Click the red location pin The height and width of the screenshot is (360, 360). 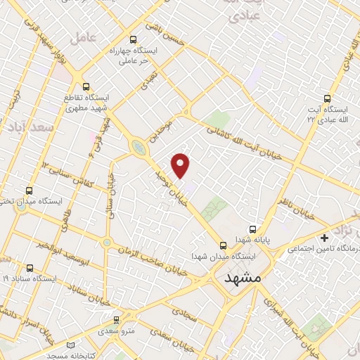coord(181,165)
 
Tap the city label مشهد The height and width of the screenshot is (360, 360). coord(243,278)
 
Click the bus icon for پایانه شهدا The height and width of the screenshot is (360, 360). coord(254,229)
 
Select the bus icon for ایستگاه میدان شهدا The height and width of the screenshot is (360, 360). coord(223,245)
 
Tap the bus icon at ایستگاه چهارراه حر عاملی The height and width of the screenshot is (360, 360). coord(134,40)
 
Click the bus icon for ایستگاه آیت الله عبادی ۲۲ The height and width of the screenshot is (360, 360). coord(326,98)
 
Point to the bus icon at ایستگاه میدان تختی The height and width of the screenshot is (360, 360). coord(29,191)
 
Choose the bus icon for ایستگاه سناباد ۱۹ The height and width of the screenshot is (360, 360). coord(29,268)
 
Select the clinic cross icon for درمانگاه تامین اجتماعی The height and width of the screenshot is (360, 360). coord(323,238)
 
